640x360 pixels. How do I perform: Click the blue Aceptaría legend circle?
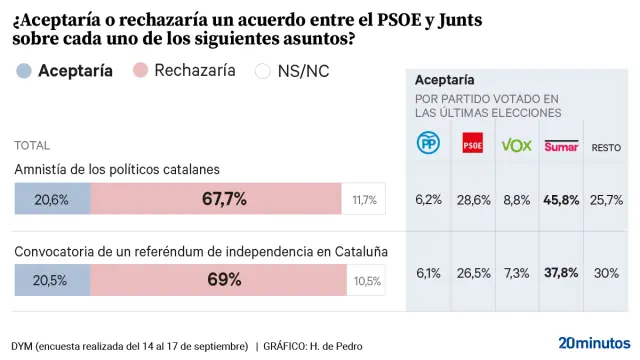point(24,71)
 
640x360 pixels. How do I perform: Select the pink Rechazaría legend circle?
point(141,71)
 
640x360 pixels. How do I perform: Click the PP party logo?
point(428,144)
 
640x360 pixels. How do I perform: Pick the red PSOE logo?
point(472,145)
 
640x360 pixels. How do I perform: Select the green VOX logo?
point(516,145)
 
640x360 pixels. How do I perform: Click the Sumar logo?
point(561,145)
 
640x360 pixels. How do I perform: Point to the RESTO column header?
point(606,147)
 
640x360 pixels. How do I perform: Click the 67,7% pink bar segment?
point(216,199)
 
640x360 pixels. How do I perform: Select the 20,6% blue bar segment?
point(52,199)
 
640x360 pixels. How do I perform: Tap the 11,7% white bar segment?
point(364,200)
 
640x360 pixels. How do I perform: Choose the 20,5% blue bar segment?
point(52,280)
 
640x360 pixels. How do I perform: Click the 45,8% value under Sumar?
point(561,199)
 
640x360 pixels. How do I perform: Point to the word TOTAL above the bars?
point(32,145)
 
